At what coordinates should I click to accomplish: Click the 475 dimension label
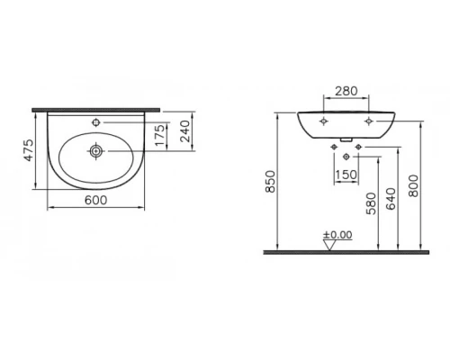coord(29,150)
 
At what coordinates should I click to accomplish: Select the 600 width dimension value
coord(95,200)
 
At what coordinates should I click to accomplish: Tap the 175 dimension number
coord(160,135)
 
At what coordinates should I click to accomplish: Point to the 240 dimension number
coord(185,130)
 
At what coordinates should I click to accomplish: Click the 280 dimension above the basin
coord(346,91)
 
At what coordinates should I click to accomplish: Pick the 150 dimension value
coord(346,175)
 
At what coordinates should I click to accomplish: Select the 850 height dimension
coord(271,182)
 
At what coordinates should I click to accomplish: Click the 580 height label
coord(371,203)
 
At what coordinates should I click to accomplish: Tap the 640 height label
coord(391,199)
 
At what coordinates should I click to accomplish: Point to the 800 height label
coord(413,185)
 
